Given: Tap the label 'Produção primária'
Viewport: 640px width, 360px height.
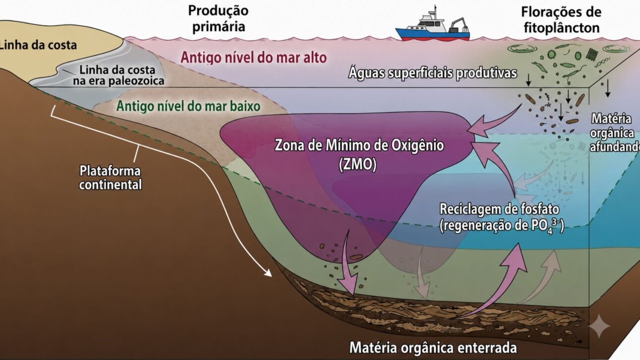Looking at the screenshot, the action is (219, 19).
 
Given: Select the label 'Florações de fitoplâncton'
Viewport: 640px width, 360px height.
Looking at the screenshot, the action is (561, 20).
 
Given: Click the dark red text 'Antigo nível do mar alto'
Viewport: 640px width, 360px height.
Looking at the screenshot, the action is (254, 58).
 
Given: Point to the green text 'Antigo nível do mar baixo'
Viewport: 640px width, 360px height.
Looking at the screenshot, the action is (189, 106).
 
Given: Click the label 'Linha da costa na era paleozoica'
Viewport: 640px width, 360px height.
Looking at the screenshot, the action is (119, 75).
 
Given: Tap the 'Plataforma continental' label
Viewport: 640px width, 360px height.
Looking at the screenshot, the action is (110, 178).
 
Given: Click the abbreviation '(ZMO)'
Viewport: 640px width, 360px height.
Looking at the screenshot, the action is (358, 164).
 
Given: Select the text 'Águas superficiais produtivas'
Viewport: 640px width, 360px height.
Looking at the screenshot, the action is (433, 73).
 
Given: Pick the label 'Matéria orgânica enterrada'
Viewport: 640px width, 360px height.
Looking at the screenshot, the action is (433, 348).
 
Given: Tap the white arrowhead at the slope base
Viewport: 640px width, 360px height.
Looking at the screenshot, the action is (268, 273).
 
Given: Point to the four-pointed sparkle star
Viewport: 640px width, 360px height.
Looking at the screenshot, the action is (599, 326).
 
